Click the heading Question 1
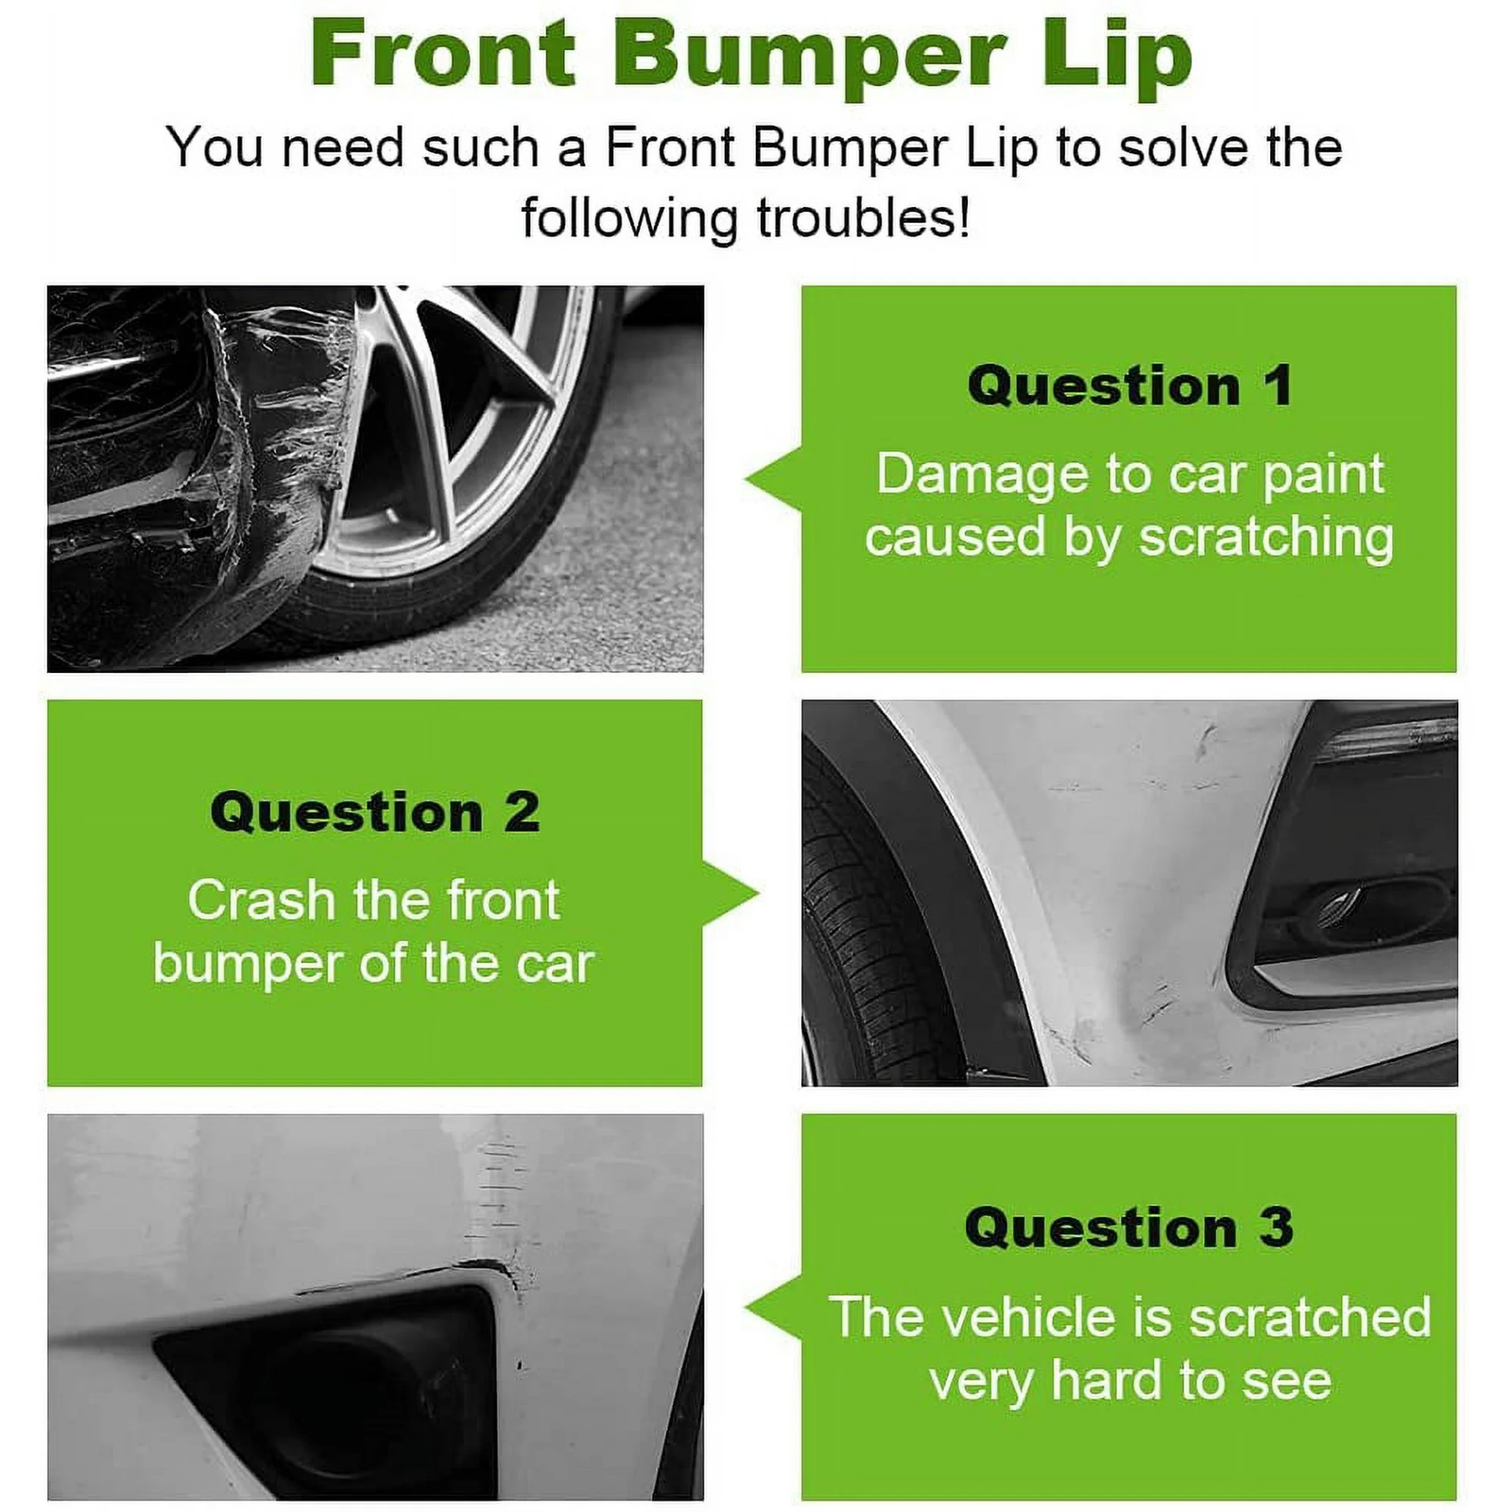point(1129,387)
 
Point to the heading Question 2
point(375,813)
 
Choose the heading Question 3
point(1129,1228)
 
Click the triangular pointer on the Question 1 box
point(773,479)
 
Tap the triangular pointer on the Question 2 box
point(730,894)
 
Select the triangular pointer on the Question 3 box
point(773,1308)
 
